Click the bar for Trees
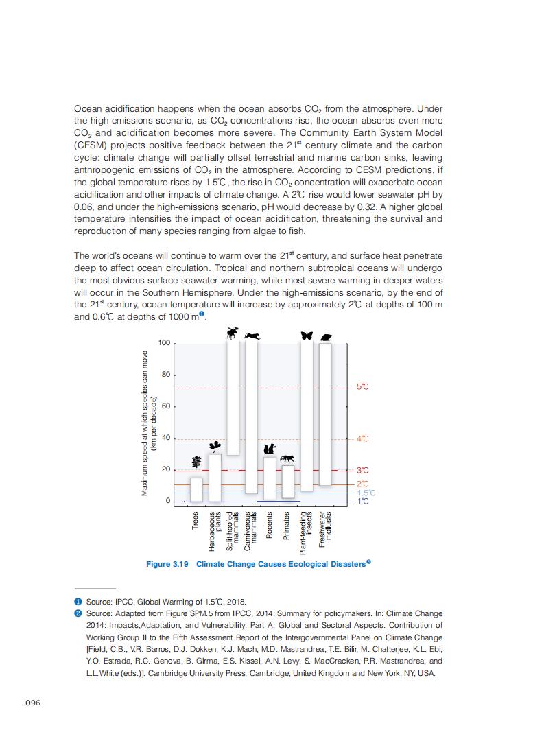[196, 489]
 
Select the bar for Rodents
[270, 478]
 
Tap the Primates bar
[288, 482]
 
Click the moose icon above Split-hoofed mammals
[233, 333]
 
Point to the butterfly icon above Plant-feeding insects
[307, 336]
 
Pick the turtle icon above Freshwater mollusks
[325, 338]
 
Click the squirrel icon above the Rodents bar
[270, 449]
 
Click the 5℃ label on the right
[363, 387]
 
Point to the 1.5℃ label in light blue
[366, 493]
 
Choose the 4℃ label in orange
[363, 438]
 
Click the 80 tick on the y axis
[165, 375]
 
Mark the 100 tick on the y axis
[163, 343]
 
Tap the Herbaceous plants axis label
[215, 531]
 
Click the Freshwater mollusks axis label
[325, 528]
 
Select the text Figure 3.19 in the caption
[167, 564]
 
